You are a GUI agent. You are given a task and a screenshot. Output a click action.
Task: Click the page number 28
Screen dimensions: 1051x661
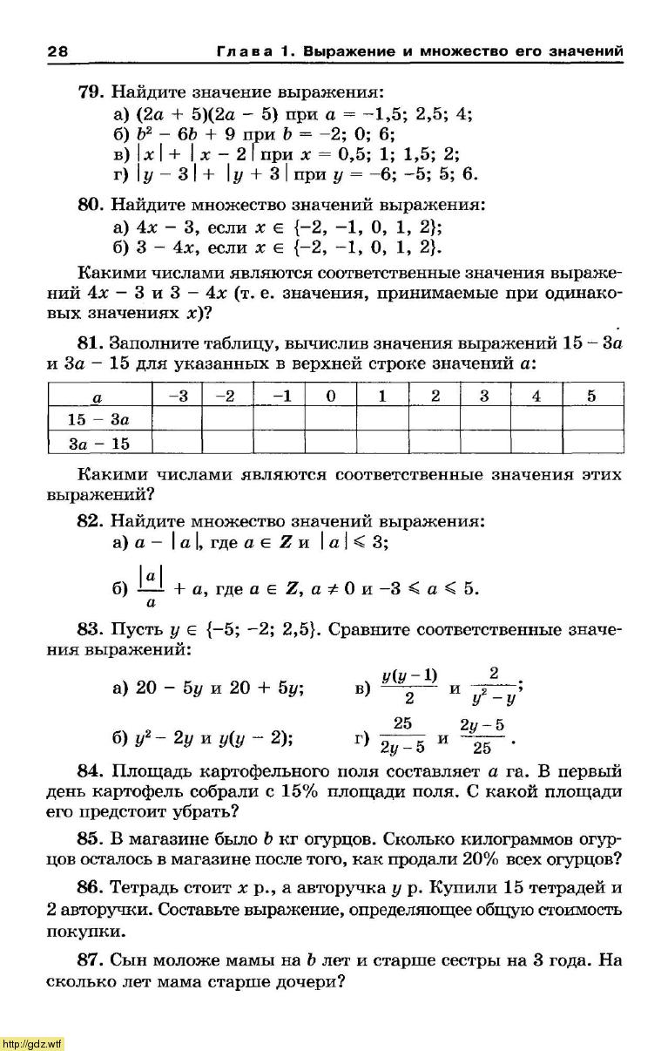[57, 51]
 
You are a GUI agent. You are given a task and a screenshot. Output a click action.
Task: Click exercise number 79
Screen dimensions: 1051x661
[91, 92]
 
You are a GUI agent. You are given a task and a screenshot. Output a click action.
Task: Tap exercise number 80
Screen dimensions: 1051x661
[91, 207]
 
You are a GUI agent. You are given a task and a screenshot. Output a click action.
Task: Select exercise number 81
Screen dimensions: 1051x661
[91, 341]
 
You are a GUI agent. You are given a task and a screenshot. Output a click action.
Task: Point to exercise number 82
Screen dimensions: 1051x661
[91, 522]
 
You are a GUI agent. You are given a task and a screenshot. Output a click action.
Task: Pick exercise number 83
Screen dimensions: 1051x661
[91, 628]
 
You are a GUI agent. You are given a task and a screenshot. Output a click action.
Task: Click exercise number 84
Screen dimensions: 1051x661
[91, 770]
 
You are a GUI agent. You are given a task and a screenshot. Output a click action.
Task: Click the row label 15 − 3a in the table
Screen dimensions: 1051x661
[98, 419]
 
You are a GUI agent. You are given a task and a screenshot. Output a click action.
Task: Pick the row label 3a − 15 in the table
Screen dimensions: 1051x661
[98, 444]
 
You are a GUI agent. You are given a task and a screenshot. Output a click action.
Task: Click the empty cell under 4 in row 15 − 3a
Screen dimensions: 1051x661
[536, 419]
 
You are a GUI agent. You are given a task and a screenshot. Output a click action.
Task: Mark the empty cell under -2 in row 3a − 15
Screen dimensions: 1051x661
[227, 444]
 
